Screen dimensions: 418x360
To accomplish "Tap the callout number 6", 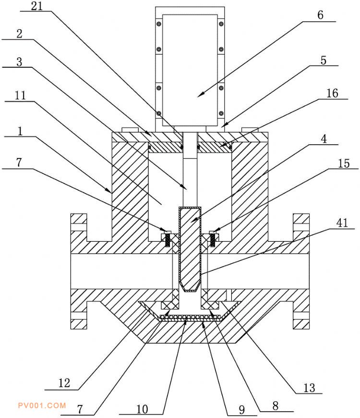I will pyautogui.click(x=321, y=15).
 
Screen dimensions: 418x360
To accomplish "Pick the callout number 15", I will pyautogui.click(x=344, y=163).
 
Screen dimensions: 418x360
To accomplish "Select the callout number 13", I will pyautogui.click(x=310, y=388).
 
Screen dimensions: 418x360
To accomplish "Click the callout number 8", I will pyautogui.click(x=275, y=406).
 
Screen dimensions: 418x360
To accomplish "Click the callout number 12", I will pyautogui.click(x=64, y=383).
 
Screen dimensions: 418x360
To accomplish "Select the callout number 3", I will pyautogui.click(x=19, y=62).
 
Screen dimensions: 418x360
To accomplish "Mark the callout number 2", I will pyautogui.click(x=19, y=34).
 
